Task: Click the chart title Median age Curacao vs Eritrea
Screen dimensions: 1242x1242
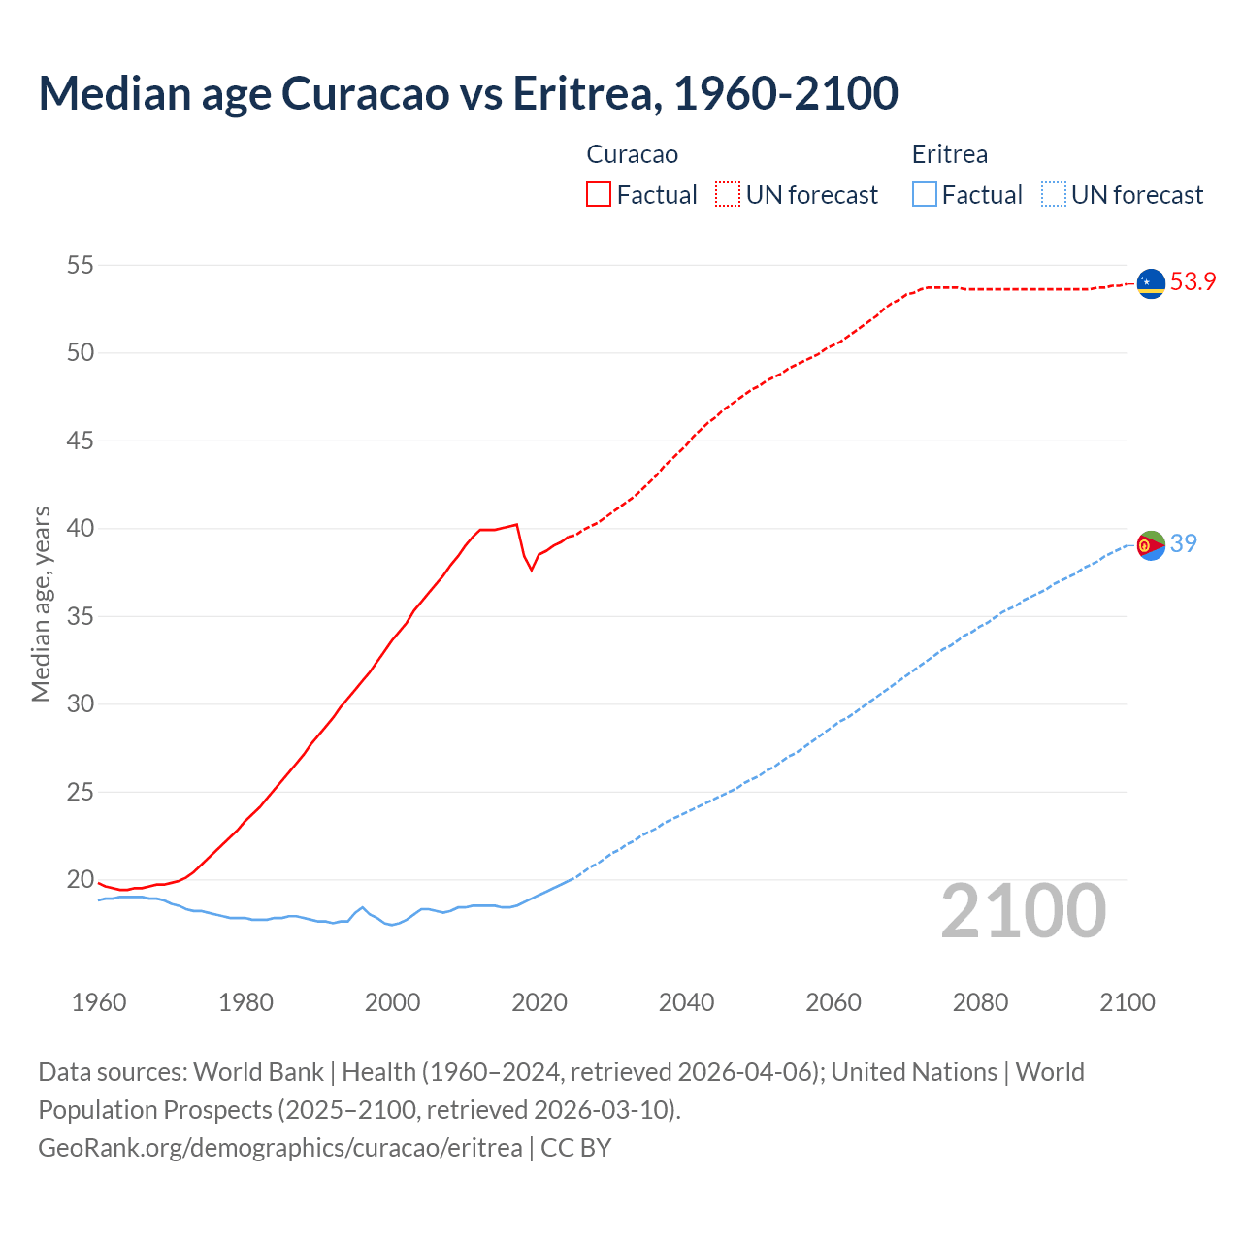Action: pos(468,93)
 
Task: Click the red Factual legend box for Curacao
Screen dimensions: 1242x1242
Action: pos(599,194)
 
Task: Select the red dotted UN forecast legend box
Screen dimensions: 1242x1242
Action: pos(728,194)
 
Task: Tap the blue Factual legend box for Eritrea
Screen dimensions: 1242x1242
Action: pos(925,194)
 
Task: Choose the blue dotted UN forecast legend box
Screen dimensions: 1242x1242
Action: pos(1054,194)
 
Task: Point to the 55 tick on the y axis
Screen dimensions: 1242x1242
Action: pos(81,265)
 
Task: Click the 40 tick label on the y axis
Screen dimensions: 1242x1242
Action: pos(81,529)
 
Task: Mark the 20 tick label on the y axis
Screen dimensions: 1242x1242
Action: pos(81,880)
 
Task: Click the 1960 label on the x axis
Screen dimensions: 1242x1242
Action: pos(99,1002)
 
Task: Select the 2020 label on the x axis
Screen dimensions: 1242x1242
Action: pos(539,1002)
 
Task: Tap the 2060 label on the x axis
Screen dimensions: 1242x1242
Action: pos(833,1002)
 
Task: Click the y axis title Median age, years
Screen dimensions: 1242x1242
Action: pos(41,604)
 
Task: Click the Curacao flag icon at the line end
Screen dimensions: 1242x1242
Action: pos(1151,283)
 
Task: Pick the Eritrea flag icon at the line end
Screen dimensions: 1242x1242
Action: pos(1151,546)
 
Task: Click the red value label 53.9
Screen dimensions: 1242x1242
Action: pos(1193,282)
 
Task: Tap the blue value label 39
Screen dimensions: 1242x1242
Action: pos(1183,543)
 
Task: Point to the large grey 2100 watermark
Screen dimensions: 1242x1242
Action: pos(1023,910)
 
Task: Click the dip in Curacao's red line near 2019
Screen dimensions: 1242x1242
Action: pos(531,569)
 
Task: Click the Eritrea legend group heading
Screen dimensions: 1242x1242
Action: pos(950,154)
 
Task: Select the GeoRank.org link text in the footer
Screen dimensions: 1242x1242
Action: pos(280,1147)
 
